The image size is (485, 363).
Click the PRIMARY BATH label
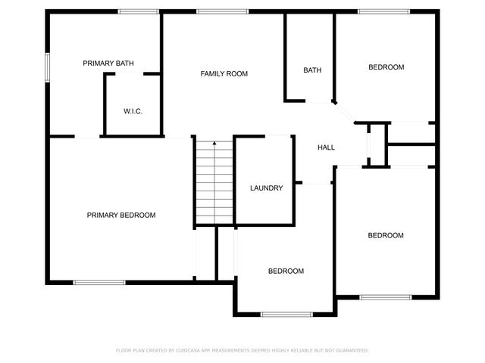click(x=108, y=64)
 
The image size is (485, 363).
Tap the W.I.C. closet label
click(x=133, y=112)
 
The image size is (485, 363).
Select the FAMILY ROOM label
click(x=224, y=74)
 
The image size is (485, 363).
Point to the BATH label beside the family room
click(x=312, y=70)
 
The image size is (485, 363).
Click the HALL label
click(x=326, y=147)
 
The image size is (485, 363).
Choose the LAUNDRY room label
click(x=267, y=188)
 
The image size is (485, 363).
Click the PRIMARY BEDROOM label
click(x=121, y=216)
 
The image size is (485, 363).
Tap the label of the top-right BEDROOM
click(x=386, y=67)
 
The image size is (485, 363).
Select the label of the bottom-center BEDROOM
click(x=286, y=271)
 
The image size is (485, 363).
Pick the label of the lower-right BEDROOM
click(x=386, y=235)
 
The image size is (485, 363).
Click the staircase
click(x=214, y=181)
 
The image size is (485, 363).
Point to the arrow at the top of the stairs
click(x=214, y=143)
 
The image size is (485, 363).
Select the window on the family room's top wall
click(x=222, y=11)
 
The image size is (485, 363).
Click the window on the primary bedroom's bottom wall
click(x=99, y=283)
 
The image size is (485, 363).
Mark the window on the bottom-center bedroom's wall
click(x=286, y=314)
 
